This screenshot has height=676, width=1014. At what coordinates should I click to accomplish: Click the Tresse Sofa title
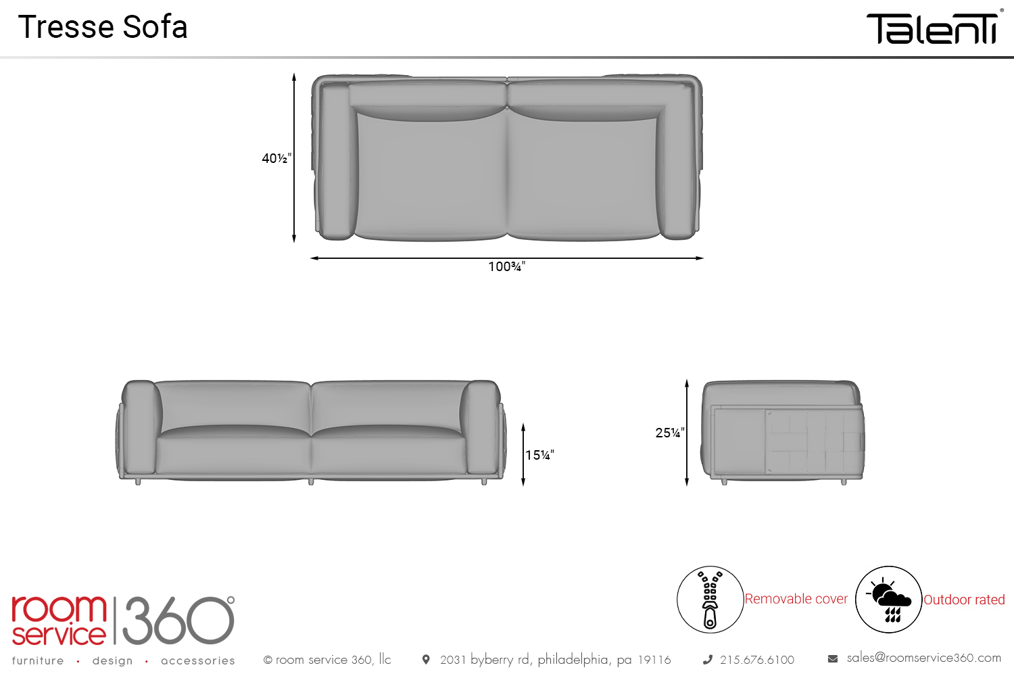(103, 27)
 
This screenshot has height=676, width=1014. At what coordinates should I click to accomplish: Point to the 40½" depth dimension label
(276, 158)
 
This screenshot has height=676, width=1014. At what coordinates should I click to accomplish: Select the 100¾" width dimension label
(506, 267)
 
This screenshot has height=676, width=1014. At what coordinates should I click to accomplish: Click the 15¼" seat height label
(539, 455)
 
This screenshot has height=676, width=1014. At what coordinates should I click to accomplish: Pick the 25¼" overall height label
(670, 433)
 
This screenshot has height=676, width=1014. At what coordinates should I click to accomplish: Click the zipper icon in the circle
(710, 600)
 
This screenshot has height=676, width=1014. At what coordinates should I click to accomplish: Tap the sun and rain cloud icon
(888, 600)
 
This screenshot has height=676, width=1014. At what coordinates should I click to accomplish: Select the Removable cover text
(796, 599)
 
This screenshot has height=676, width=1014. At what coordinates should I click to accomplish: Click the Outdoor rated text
(964, 600)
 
